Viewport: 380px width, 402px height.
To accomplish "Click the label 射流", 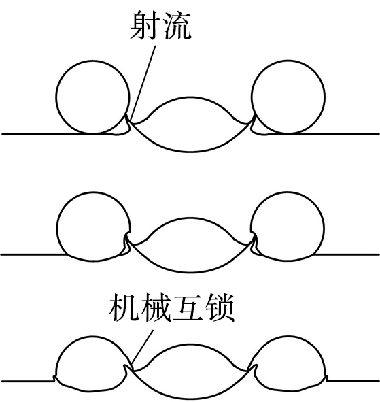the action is [160, 25].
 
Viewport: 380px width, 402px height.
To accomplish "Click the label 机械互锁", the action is [172, 307].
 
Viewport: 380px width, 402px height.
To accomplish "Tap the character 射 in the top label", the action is [145, 25].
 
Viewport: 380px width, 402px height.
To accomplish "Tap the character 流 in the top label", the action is [177, 25].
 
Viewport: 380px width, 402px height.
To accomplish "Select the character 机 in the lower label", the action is [124, 307].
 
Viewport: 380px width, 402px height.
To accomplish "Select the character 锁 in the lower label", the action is [220, 307].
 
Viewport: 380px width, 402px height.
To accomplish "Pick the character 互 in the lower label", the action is [188, 307].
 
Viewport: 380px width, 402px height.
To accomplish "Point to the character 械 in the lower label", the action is [156, 307].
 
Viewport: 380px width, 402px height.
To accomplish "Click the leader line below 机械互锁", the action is [141, 350].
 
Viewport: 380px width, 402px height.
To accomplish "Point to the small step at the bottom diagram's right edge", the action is [327, 378].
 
